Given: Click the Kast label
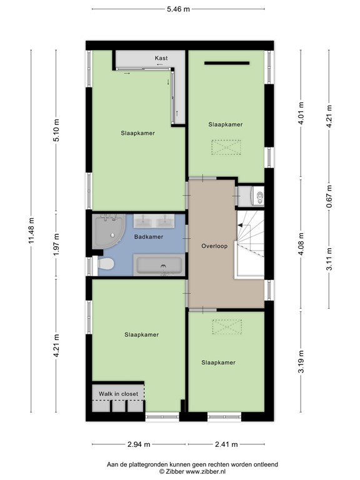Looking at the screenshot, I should pyautogui.click(x=161, y=58).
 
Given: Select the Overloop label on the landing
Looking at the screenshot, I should pyautogui.click(x=214, y=246).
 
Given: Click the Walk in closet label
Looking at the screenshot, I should pyautogui.click(x=118, y=394).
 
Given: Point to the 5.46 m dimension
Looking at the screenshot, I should pyautogui.click(x=178, y=9).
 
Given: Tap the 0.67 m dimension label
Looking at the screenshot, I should pyautogui.click(x=329, y=195).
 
